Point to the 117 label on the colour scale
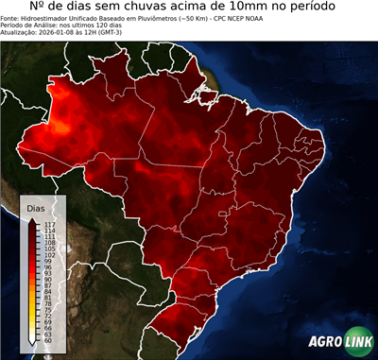point(48,224)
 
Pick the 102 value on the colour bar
point(48,255)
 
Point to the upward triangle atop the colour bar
point(32,218)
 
